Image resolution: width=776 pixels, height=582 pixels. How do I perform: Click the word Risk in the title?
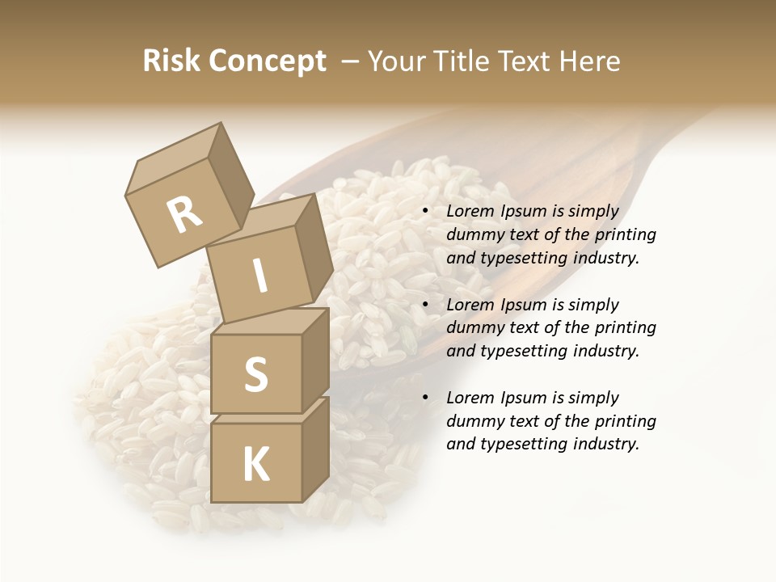[172, 61]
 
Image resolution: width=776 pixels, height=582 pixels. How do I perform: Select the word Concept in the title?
[268, 62]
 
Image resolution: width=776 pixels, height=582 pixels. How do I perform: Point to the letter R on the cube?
[184, 216]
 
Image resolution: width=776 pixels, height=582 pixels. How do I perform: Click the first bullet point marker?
[425, 212]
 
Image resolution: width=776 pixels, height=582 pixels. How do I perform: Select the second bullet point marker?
[425, 306]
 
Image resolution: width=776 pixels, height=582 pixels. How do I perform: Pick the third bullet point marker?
[425, 399]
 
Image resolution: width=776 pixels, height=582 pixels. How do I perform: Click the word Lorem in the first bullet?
[469, 211]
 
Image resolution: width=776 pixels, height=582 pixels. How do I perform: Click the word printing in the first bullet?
[625, 234]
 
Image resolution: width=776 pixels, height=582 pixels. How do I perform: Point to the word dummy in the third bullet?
[473, 421]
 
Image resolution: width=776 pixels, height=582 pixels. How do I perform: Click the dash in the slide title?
[351, 61]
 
